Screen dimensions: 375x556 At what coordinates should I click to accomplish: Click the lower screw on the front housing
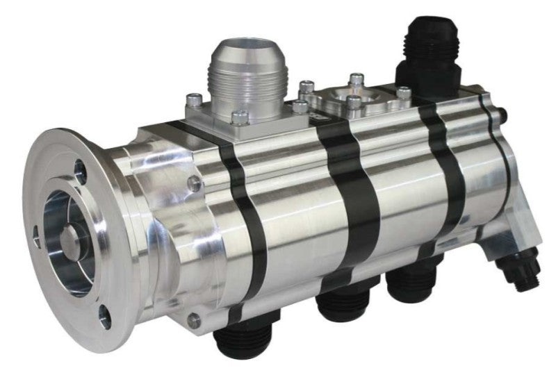[x=194, y=319]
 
